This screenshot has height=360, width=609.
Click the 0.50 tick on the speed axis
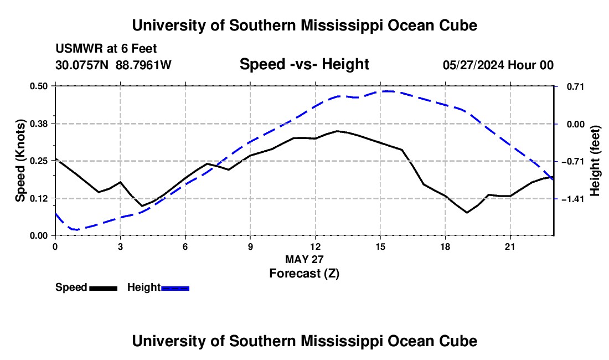39,86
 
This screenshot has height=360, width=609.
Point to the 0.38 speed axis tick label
39,124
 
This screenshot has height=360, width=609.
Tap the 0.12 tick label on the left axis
39,198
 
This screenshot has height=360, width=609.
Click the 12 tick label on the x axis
316,246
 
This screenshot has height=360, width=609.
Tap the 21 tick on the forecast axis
510,246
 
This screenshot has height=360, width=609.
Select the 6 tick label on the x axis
185,246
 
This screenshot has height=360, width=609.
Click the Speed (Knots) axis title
20,161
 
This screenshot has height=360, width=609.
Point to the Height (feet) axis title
595,161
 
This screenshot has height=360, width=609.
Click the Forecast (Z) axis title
304,274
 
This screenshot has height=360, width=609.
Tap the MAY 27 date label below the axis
304,259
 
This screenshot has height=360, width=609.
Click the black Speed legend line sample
104,289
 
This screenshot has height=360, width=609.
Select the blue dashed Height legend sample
175,289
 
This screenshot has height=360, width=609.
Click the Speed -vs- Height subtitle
304,64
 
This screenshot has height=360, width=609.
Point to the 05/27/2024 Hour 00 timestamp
498,65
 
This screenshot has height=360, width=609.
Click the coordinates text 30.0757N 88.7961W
113,65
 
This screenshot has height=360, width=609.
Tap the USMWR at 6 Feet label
106,49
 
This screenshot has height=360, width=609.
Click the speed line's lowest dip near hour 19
467,213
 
